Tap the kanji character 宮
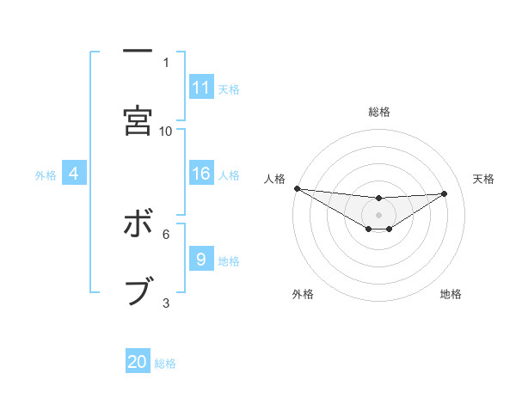[x=138, y=119]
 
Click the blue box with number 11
[x=201, y=88]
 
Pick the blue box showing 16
[x=201, y=174]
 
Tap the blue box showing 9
[x=201, y=260]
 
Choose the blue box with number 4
[x=74, y=174]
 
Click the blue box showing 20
[x=138, y=363]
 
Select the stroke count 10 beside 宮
[x=166, y=131]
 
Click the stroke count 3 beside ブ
[x=166, y=303]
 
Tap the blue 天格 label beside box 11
[x=229, y=89]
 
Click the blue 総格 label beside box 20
[x=165, y=364]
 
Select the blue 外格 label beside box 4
[x=46, y=175]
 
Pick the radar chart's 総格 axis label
[x=378, y=112]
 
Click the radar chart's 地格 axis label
[x=451, y=294]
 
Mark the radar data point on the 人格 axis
[x=297, y=188]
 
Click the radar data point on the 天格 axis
[x=445, y=193]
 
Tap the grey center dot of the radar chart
[x=378, y=214]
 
